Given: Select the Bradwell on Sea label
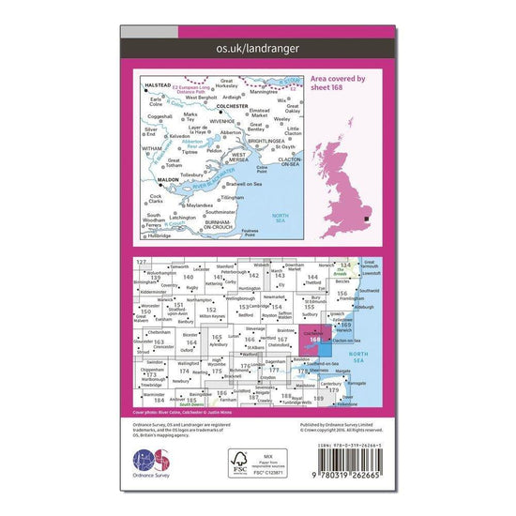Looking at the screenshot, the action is click(x=239, y=185).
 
